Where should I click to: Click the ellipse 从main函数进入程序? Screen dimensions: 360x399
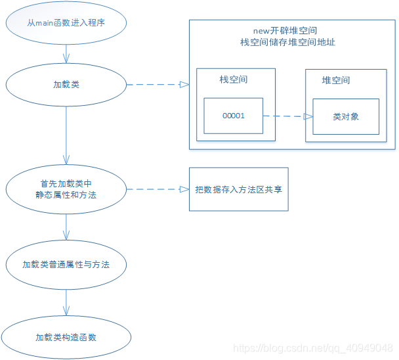(66, 24)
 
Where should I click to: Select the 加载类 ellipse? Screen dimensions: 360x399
(66, 85)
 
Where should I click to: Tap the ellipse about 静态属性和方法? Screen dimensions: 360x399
(66, 189)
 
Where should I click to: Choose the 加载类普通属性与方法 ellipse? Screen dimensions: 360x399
(66, 265)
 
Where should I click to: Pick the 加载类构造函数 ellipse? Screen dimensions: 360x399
(66, 337)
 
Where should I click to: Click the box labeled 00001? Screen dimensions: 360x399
(233, 116)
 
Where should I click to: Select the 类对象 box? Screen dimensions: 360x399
(346, 116)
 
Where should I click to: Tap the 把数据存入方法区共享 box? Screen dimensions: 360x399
(238, 189)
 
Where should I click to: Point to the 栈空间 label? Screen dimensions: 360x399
(234, 80)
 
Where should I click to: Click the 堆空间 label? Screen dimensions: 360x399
(335, 80)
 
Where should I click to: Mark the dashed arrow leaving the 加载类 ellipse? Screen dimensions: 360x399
(157, 85)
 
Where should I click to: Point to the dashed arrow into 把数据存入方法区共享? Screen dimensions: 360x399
(157, 189)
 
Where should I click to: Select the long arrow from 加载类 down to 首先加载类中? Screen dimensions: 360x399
(66, 135)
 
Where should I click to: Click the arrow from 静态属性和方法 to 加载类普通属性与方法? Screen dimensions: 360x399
(66, 227)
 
